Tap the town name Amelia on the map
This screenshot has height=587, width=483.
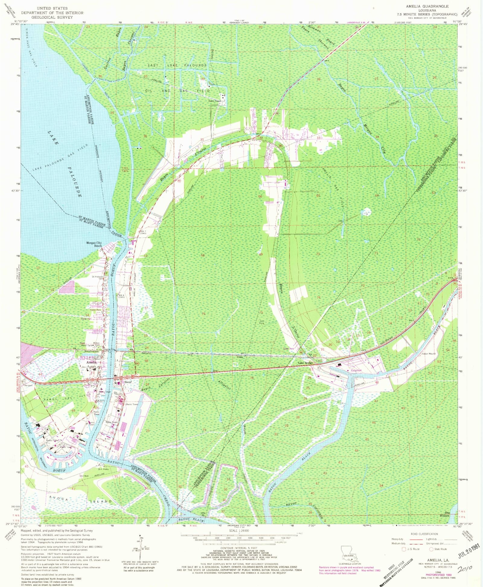tap(91, 362)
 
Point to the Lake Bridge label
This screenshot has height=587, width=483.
tap(305, 363)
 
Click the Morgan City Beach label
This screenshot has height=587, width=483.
tap(94, 244)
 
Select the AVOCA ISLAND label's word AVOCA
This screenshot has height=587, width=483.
tap(59, 499)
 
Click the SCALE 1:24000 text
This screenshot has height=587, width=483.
tap(239, 530)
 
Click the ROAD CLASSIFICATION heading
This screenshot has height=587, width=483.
tap(424, 534)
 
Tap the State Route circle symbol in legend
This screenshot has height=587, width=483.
tap(431, 549)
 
